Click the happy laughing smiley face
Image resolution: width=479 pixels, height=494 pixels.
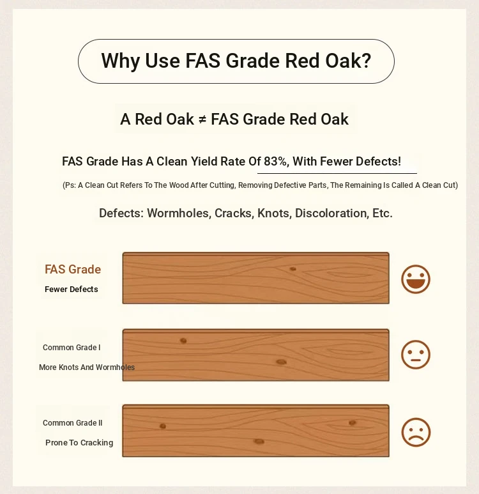(416, 279)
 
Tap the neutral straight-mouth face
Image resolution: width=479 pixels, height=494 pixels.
(416, 355)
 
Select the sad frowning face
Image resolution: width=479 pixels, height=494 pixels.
(416, 432)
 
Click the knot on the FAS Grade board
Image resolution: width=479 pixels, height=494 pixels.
(293, 269)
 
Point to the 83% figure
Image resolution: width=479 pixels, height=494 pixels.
(275, 161)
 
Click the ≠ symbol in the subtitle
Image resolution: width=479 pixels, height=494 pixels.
(202, 120)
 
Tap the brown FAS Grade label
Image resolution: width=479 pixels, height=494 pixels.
(73, 270)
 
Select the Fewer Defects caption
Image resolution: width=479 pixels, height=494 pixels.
(72, 289)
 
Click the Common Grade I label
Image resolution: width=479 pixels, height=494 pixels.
(72, 348)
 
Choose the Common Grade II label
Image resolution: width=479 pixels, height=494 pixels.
(72, 423)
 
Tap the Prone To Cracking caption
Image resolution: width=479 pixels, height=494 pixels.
(79, 443)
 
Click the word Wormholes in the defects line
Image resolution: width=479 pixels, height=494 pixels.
(179, 213)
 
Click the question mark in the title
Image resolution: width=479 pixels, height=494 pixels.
(366, 61)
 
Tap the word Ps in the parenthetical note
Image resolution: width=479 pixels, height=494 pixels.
(70, 185)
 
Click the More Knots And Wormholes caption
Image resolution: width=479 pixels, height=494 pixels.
(87, 367)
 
